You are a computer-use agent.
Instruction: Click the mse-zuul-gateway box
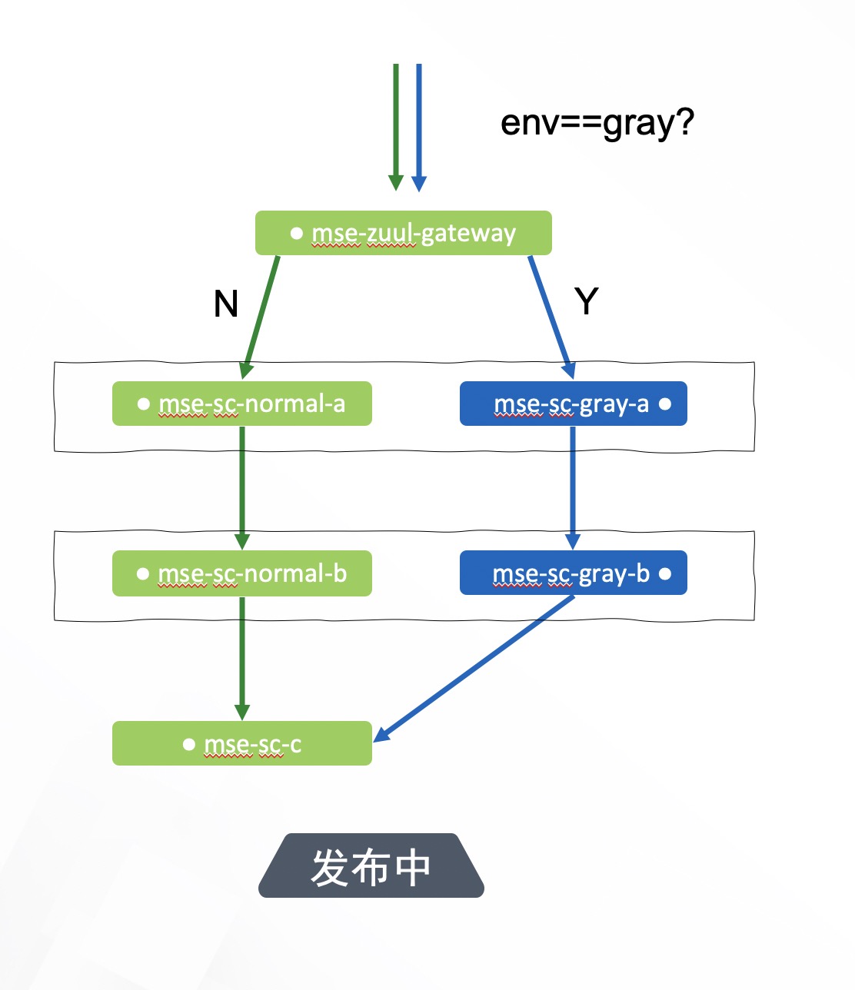click(403, 233)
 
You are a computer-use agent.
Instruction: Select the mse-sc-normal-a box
click(241, 404)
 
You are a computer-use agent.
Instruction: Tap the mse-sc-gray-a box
click(573, 404)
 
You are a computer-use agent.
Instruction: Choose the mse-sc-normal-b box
click(241, 573)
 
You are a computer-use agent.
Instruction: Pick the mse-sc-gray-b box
click(573, 573)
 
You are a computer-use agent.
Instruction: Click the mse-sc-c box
click(241, 743)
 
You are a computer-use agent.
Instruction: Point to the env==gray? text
click(597, 122)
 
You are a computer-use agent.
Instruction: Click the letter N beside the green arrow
click(225, 304)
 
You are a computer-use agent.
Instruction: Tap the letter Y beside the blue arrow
click(587, 301)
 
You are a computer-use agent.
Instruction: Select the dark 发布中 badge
click(371, 866)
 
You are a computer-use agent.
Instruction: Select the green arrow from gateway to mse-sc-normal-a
click(261, 316)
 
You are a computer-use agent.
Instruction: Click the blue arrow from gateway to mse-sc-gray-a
click(551, 316)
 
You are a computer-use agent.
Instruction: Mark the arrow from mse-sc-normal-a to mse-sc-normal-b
click(242, 487)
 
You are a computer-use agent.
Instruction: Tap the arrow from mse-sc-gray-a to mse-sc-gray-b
click(573, 487)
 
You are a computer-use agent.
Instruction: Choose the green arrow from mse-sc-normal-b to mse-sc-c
click(242, 658)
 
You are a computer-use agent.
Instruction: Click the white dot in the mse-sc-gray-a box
click(665, 404)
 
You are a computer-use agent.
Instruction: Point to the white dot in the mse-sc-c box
click(189, 744)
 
